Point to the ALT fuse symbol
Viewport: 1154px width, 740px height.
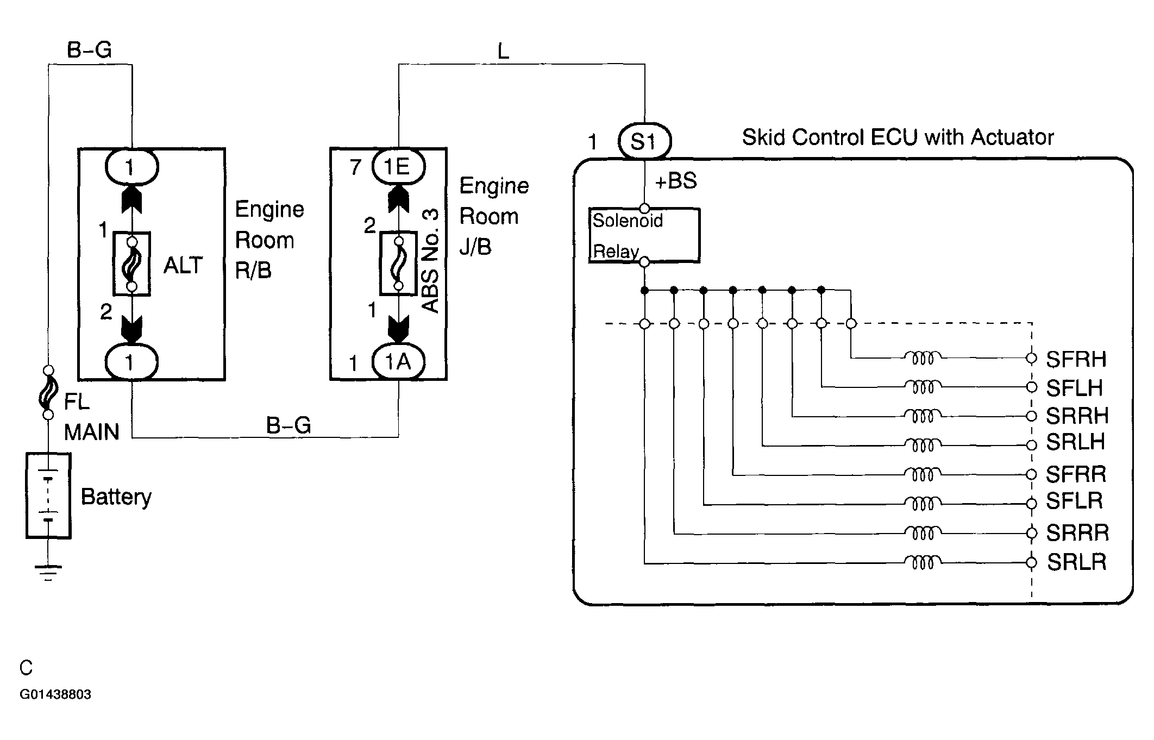pos(131,264)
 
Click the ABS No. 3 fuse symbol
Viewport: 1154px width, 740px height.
pos(398,264)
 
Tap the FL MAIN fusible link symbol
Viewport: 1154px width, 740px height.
pos(48,392)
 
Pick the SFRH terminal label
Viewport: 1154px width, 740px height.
pos(1076,359)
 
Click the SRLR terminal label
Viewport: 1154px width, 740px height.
pos(1076,562)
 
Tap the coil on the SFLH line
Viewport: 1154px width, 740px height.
pos(923,387)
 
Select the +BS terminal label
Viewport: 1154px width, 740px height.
pos(676,181)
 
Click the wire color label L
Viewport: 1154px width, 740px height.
pos(503,52)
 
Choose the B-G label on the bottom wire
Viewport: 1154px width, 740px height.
pos(288,425)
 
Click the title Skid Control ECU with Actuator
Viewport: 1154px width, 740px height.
pos(898,137)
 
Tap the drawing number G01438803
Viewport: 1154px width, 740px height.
pos(55,694)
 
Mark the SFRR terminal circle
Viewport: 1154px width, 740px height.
pos(1031,475)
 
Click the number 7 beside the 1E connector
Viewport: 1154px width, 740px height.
pos(355,167)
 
